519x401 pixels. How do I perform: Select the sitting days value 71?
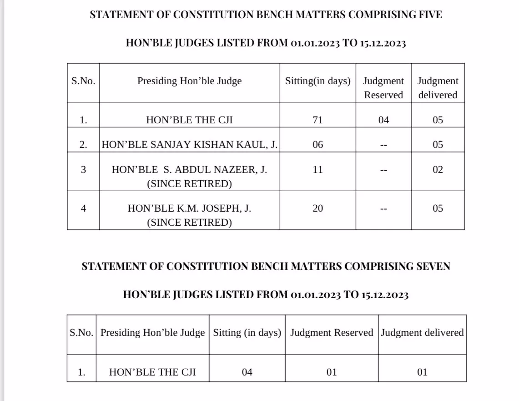[317, 120]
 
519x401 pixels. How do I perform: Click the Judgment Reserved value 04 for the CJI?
[383, 120]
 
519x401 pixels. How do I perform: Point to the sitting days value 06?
[317, 145]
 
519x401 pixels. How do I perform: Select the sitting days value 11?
[317, 170]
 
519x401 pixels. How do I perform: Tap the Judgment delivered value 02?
[437, 170]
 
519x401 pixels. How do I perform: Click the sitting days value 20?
[317, 208]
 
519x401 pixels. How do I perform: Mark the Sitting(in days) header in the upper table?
[317, 81]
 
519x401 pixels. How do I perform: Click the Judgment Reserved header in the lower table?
[332, 333]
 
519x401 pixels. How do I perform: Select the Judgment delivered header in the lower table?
[422, 333]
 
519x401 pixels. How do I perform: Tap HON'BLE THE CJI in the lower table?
[152, 372]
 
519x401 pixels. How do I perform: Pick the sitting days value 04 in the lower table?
[247, 372]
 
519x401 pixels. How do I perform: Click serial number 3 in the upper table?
[83, 170]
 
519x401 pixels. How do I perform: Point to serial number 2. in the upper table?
[83, 145]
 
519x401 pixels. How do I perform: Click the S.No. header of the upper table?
[83, 81]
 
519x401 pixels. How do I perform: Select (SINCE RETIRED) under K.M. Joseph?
[189, 223]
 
